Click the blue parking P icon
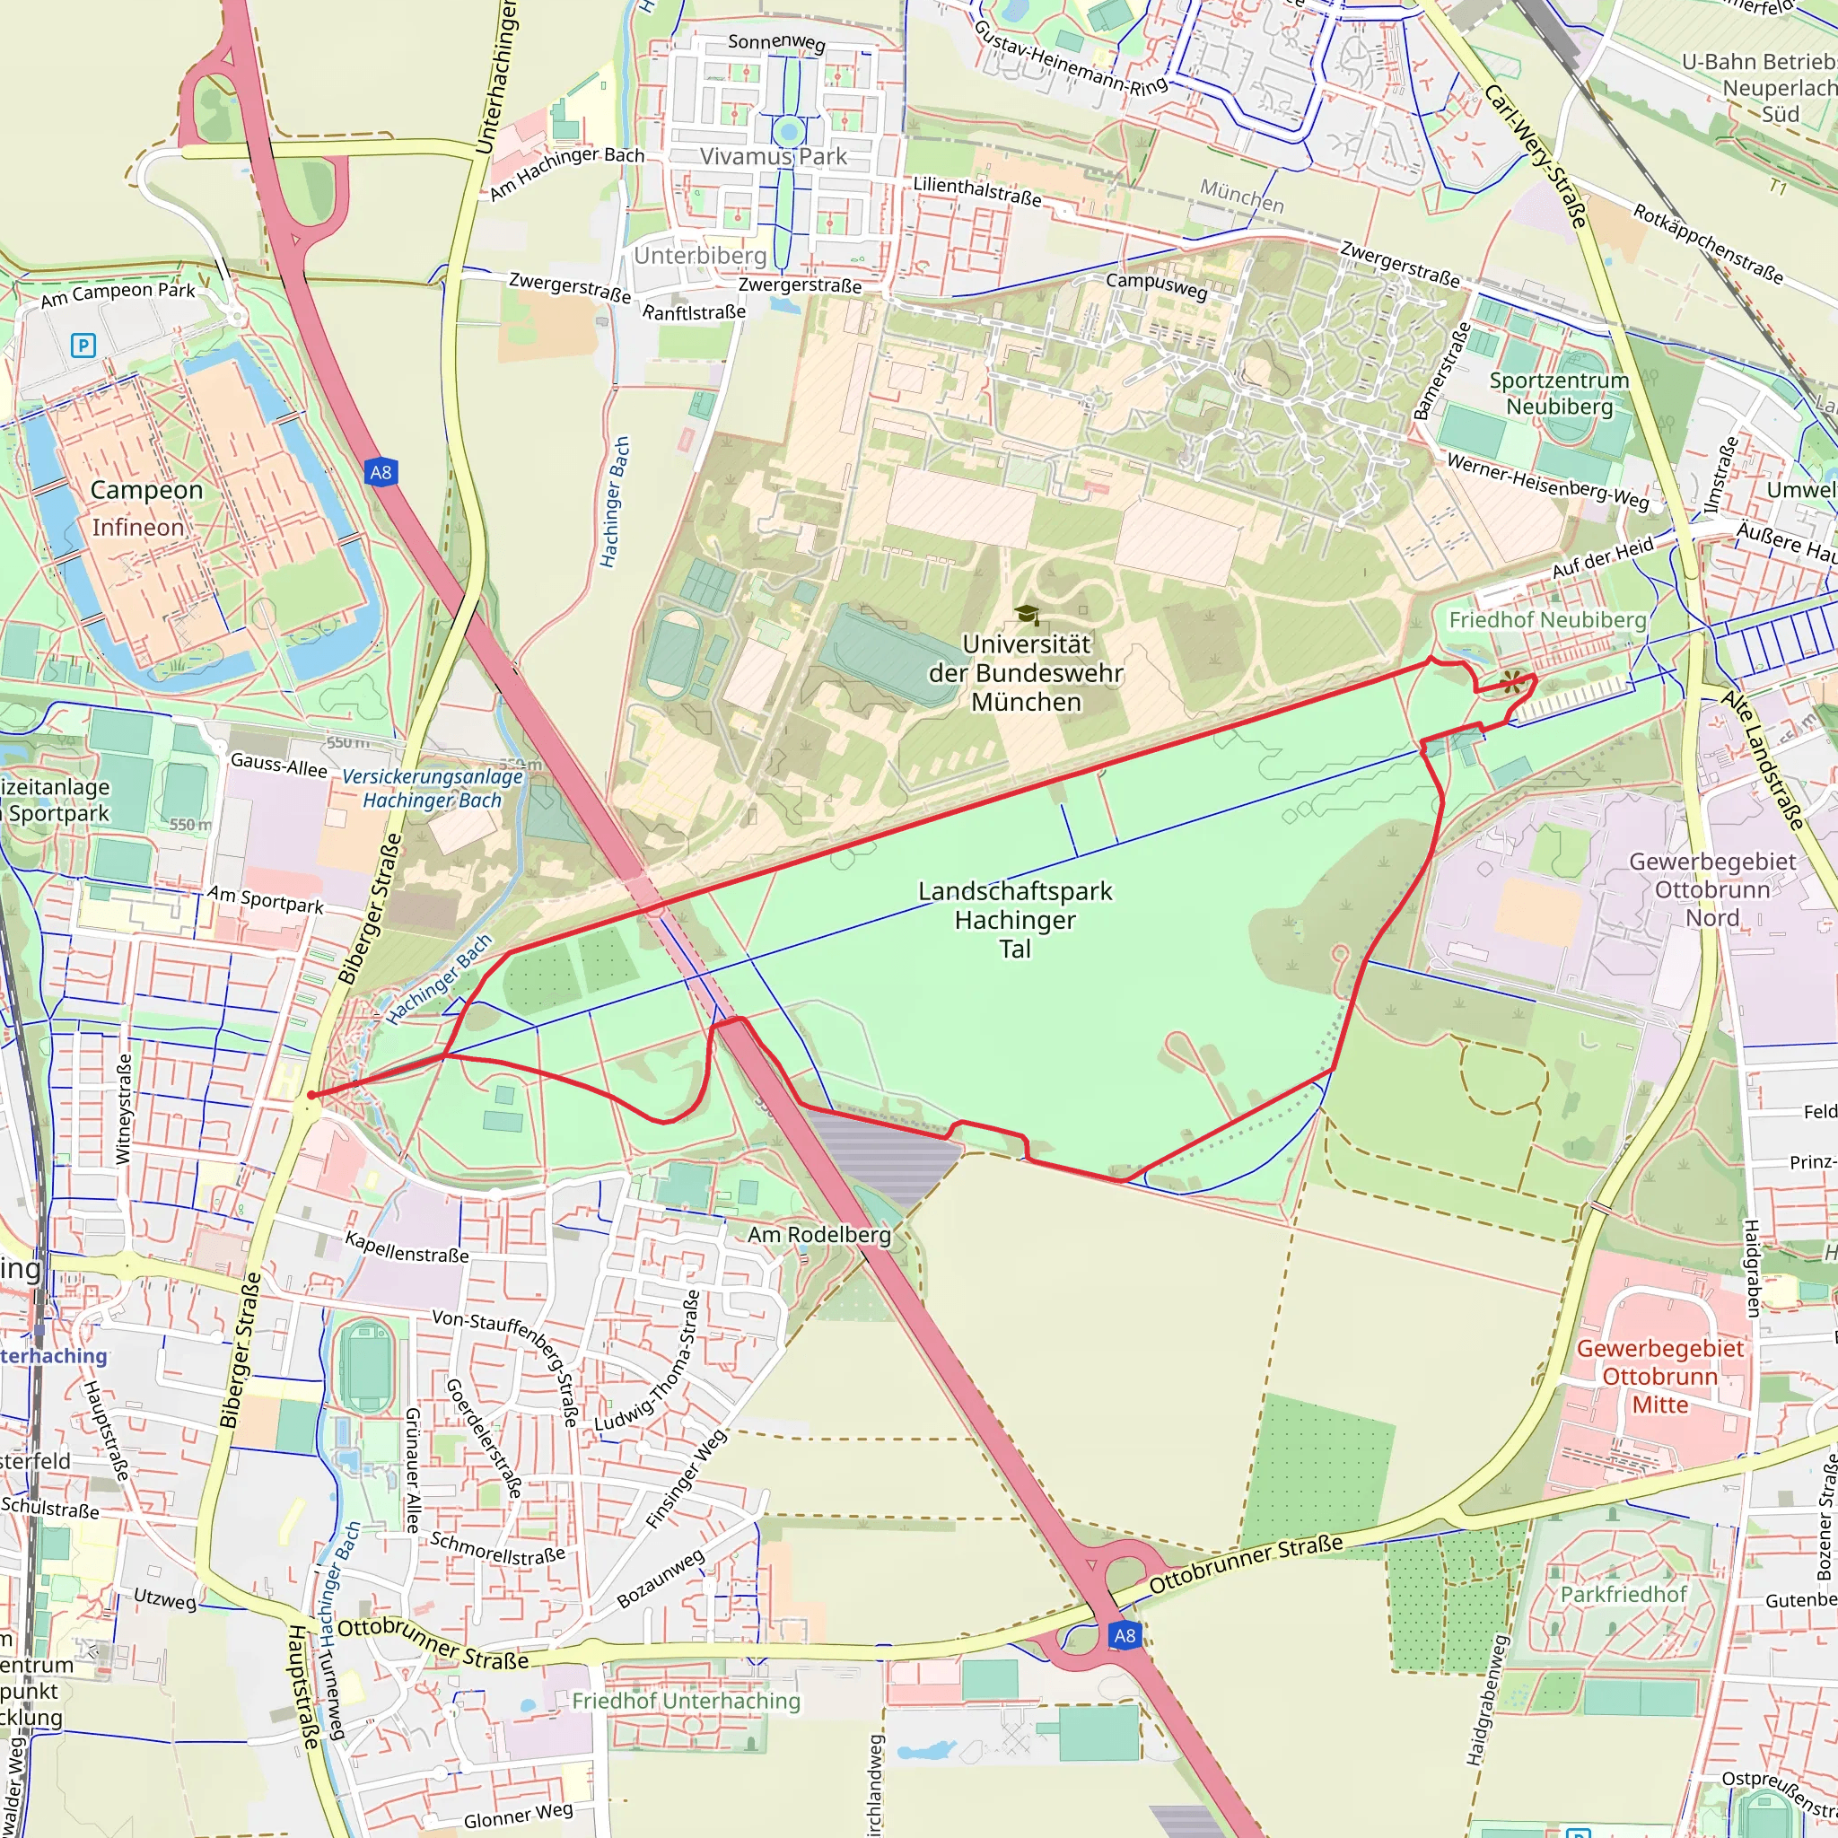pos(83,346)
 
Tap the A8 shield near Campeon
pos(381,472)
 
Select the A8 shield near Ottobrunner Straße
pos(1125,1635)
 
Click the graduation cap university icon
pos(1027,615)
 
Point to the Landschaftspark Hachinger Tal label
pos(1015,920)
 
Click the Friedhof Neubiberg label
pos(1547,620)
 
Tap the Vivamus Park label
pos(773,157)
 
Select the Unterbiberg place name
pos(700,256)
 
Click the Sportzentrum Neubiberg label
pos(1559,393)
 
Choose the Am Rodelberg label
pos(819,1235)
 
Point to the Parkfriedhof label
pos(1624,1595)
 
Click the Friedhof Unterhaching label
pos(686,1700)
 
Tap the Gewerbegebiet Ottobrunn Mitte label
pos(1660,1376)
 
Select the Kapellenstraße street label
pos(407,1247)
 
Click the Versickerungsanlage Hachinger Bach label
pos(433,788)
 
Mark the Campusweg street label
pos(1156,285)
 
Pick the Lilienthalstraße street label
pos(977,191)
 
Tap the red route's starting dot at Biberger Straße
pos(311,1095)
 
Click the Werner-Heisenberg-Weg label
pos(1548,480)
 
